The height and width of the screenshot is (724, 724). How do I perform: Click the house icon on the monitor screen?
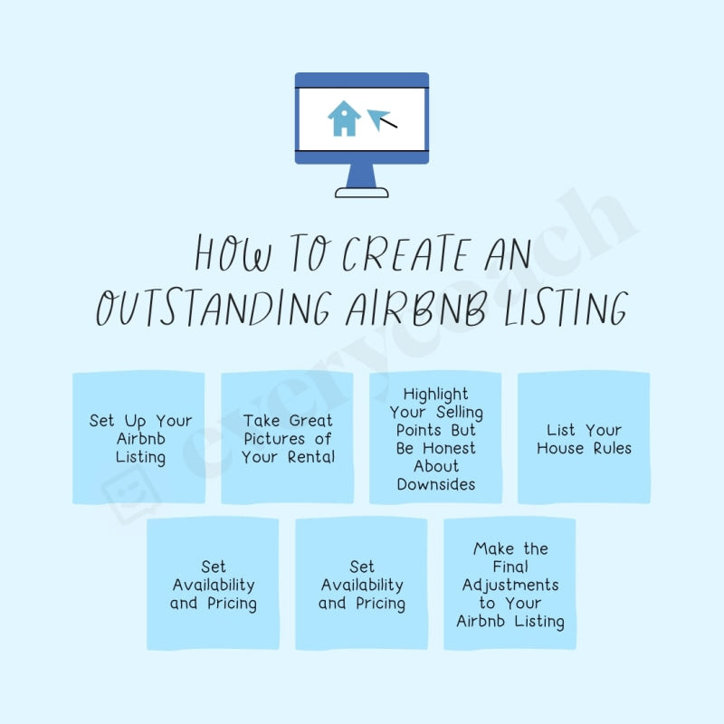(344, 119)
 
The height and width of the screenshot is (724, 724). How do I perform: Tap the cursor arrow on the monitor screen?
(380, 119)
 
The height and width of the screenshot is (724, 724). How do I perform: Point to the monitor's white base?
(362, 192)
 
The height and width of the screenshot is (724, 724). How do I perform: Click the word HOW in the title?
(233, 255)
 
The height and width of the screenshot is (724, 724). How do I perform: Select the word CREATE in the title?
(397, 255)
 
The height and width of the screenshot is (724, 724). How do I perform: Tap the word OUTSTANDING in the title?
(212, 308)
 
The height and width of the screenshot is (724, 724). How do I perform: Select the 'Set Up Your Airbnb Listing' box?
(139, 438)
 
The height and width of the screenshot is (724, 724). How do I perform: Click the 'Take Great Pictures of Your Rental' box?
(288, 438)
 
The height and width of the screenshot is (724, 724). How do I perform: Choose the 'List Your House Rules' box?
(584, 438)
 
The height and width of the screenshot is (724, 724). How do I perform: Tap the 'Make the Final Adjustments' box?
(510, 584)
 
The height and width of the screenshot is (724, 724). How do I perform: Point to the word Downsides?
(436, 484)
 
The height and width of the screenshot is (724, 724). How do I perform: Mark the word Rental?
(311, 457)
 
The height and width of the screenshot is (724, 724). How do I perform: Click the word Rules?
(612, 448)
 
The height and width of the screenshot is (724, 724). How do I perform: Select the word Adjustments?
(510, 585)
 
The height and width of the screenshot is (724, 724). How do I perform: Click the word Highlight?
(436, 394)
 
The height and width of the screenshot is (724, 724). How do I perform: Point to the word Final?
(510, 567)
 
